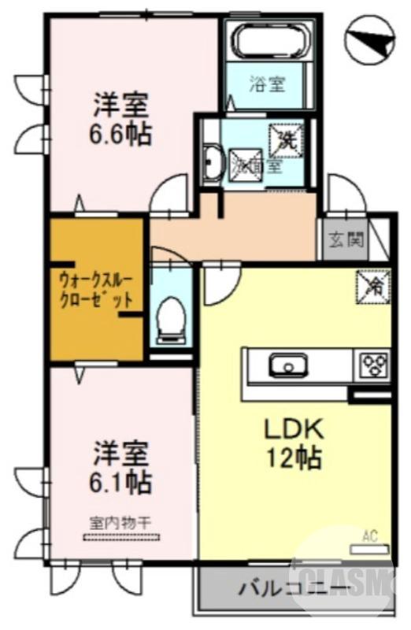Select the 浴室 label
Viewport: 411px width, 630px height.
point(265,83)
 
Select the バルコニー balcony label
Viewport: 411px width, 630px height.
point(290,590)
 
